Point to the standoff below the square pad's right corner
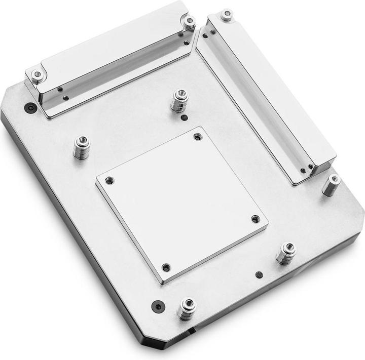point(286,253)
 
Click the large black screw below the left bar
point(29,108)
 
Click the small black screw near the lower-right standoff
point(259,274)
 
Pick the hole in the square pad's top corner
point(197,136)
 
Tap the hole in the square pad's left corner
point(109,180)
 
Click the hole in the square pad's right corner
point(255,219)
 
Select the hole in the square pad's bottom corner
point(166,267)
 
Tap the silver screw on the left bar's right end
point(189,22)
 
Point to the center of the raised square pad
point(181,201)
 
